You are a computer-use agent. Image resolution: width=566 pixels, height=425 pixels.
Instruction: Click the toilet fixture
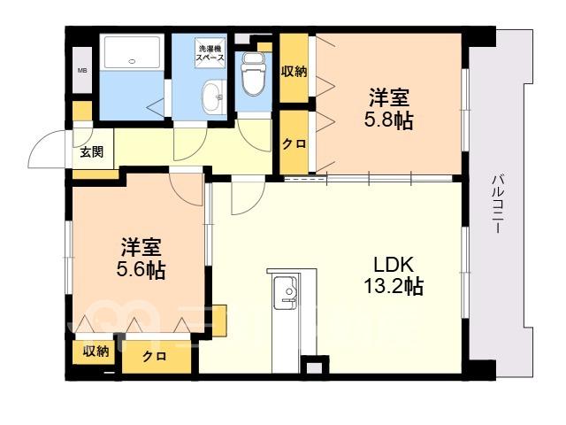253,73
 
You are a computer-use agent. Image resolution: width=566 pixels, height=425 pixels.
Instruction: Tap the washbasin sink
214,97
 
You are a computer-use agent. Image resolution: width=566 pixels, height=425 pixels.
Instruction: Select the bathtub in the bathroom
132,51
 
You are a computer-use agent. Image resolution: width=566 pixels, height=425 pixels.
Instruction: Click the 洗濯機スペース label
210,53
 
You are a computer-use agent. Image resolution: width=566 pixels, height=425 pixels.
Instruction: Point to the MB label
82,71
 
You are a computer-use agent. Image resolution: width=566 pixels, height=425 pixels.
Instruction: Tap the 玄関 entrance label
92,152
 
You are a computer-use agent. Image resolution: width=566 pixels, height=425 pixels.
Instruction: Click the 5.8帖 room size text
388,121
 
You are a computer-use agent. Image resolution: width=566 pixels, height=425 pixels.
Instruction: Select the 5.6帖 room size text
141,269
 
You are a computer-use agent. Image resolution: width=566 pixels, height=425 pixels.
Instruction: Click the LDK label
393,265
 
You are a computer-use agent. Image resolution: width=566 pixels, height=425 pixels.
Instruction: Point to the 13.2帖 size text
393,287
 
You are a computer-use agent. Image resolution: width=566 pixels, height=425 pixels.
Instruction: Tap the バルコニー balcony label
499,204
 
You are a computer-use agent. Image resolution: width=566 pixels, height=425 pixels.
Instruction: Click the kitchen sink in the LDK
285,292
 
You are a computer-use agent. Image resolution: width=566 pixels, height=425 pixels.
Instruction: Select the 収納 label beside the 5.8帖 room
294,72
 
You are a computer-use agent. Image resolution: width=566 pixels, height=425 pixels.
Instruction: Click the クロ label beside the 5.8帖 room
294,144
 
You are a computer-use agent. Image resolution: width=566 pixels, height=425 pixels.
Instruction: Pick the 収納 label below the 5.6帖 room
96,351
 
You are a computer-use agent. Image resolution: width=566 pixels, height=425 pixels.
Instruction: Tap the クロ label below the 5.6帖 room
155,357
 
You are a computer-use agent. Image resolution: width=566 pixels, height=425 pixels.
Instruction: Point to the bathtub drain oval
132,61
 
